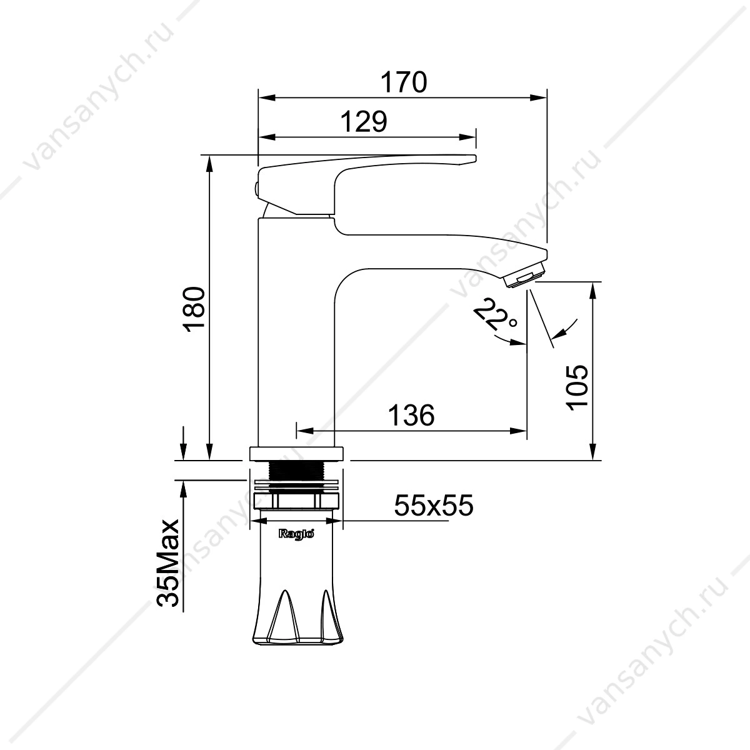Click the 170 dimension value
pyautogui.click(x=404, y=82)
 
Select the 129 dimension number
pyautogui.click(x=364, y=122)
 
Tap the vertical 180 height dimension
pyautogui.click(x=194, y=309)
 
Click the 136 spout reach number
pyautogui.click(x=411, y=414)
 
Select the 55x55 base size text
pyautogui.click(x=434, y=506)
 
